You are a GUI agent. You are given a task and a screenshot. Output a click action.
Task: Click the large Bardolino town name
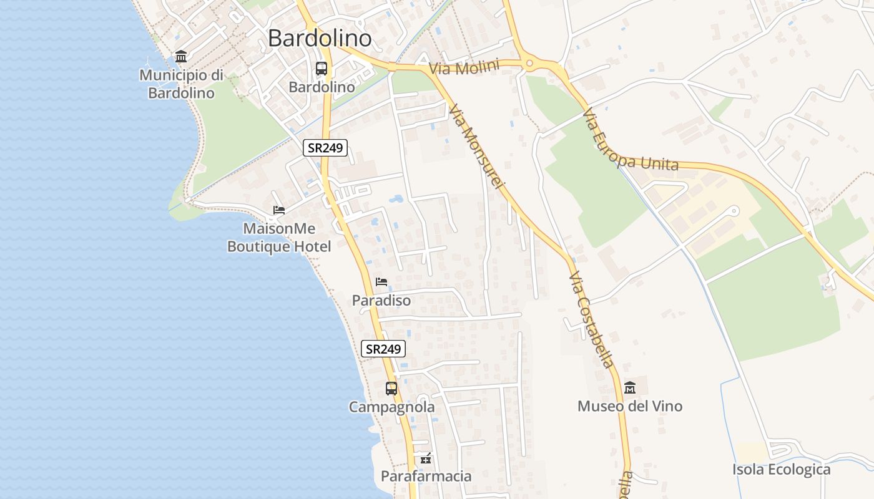(320, 39)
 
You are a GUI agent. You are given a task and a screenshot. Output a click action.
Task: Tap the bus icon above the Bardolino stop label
(322, 69)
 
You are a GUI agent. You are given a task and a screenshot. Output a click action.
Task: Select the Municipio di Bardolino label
(181, 84)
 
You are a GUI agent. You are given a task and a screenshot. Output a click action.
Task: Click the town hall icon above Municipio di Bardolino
(181, 57)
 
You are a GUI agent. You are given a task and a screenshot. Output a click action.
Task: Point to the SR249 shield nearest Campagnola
(383, 349)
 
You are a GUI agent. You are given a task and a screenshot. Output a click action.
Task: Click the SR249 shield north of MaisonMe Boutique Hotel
(325, 148)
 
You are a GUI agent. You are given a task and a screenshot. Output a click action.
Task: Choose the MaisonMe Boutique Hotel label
(279, 238)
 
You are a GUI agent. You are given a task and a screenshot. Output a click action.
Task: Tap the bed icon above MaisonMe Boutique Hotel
(279, 210)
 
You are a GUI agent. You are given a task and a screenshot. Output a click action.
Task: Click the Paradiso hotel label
(381, 301)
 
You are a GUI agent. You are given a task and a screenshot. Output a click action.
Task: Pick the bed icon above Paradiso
(381, 282)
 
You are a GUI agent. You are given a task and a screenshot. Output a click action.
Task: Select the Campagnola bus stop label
(391, 407)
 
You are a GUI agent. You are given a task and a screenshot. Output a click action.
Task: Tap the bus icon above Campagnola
(391, 388)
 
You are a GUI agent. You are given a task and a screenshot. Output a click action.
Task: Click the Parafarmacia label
(426, 477)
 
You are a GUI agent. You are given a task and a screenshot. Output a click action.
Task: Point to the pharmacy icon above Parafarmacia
(426, 459)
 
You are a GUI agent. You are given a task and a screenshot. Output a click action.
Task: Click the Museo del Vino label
(630, 407)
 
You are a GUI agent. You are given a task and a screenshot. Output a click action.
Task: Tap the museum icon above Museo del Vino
(630, 387)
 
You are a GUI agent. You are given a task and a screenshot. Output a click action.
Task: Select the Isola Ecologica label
(782, 470)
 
